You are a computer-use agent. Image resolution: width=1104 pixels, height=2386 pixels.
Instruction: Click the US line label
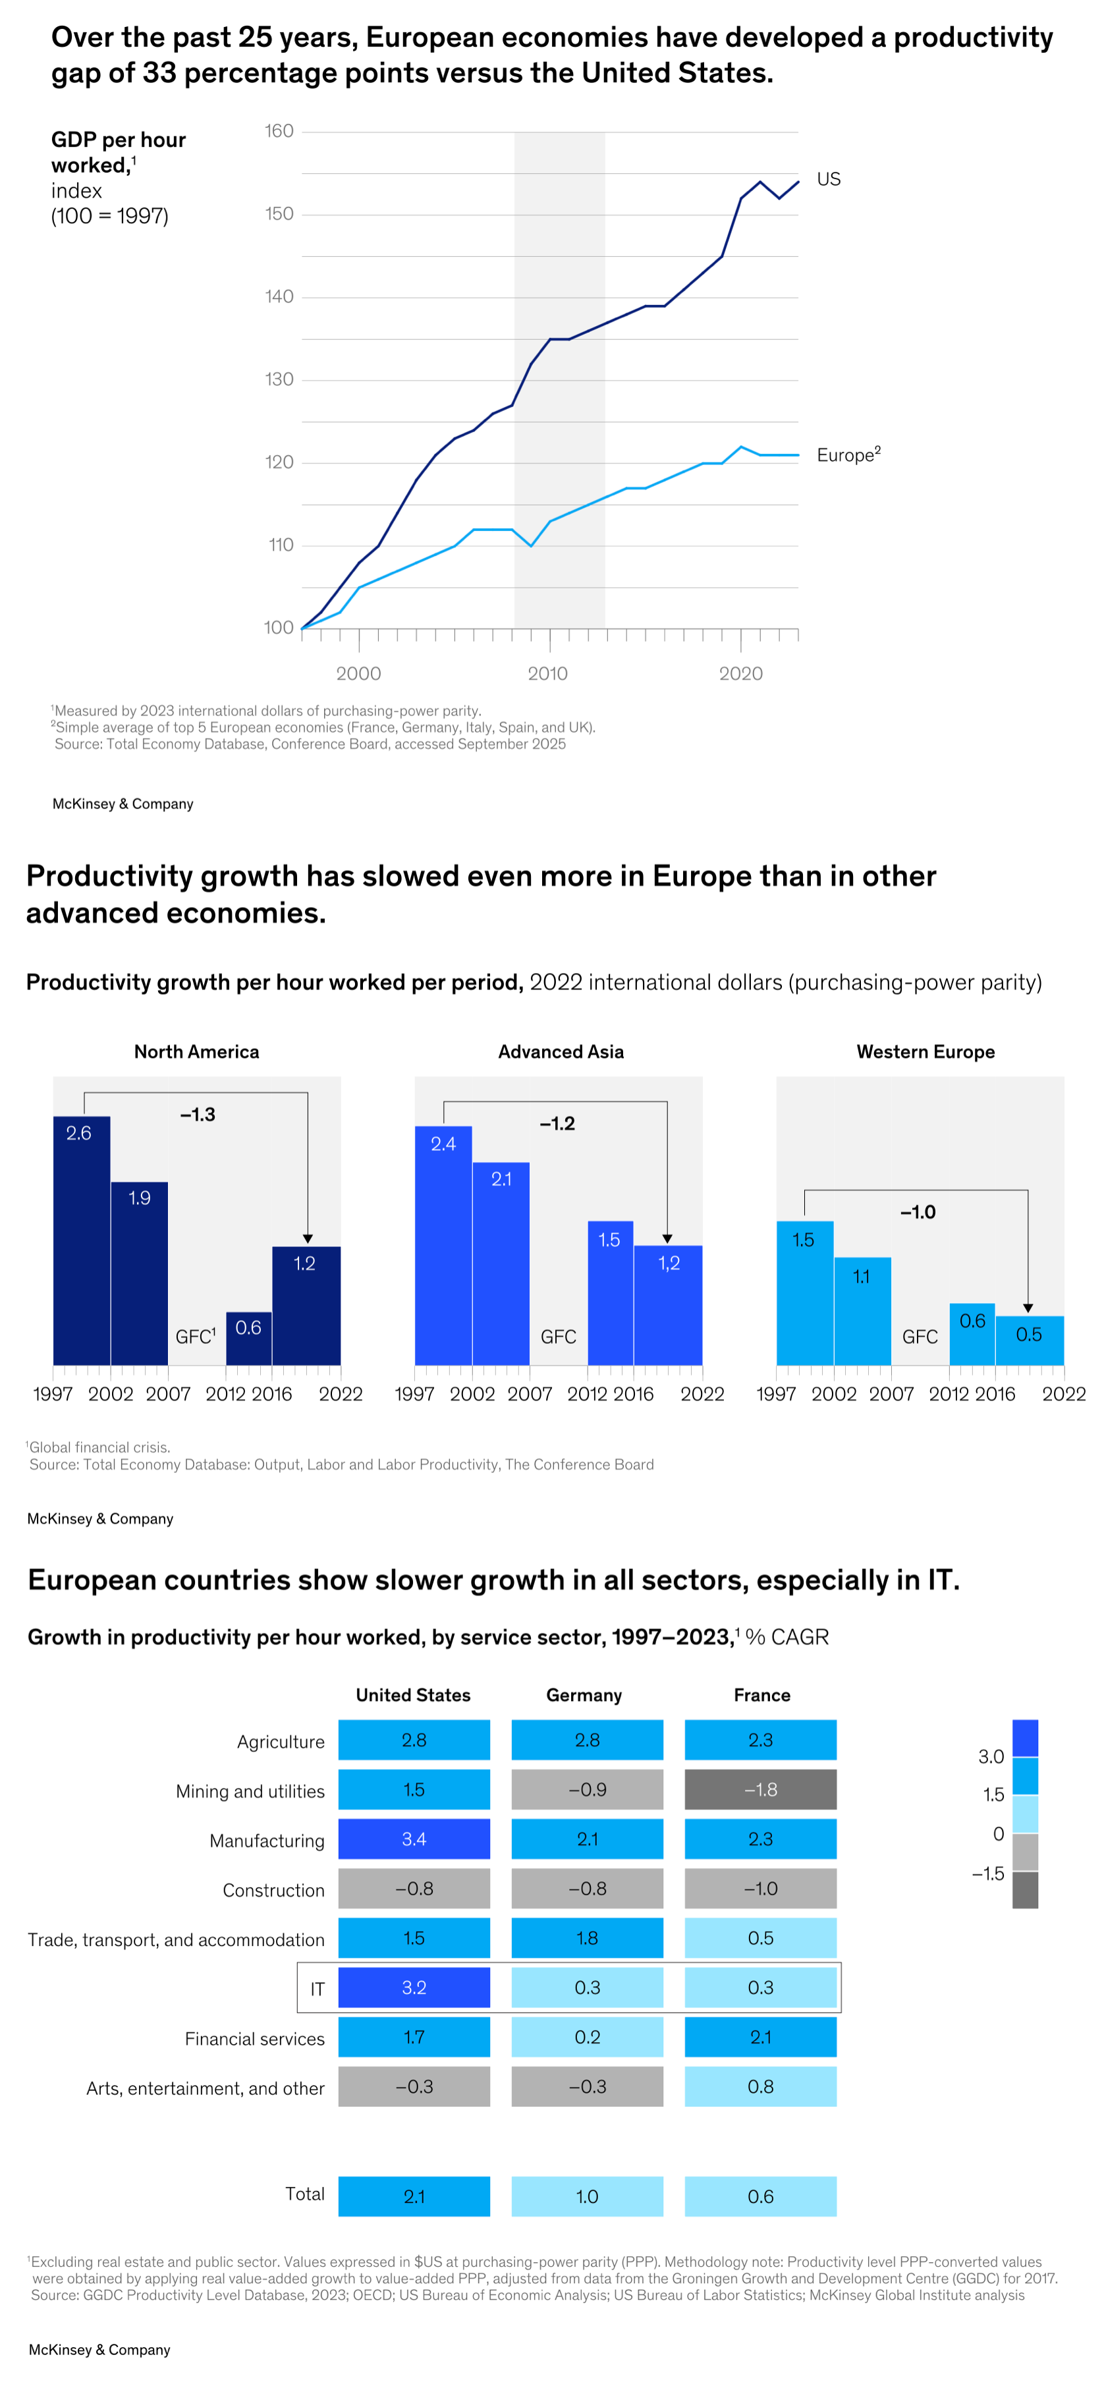pos(828,179)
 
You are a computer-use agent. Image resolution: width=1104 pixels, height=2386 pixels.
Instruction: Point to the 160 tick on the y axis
pos(279,132)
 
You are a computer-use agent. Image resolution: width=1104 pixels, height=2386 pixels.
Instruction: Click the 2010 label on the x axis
pos(547,673)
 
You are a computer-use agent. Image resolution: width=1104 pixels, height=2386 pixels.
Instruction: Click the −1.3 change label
pos(197,1114)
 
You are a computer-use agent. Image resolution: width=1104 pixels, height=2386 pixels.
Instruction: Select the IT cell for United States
pos(413,1987)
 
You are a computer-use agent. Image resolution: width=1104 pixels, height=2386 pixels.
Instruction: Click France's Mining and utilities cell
pos(759,1789)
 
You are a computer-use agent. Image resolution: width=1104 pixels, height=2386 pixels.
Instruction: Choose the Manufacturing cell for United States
pos(413,1839)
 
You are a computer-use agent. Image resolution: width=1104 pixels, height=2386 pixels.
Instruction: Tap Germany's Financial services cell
pos(586,2037)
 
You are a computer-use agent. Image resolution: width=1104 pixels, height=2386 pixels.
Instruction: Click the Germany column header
pos(584,1695)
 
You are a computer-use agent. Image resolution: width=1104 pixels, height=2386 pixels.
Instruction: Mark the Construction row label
pos(273,1889)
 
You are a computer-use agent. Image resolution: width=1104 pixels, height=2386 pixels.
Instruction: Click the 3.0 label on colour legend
pos(991,1756)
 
